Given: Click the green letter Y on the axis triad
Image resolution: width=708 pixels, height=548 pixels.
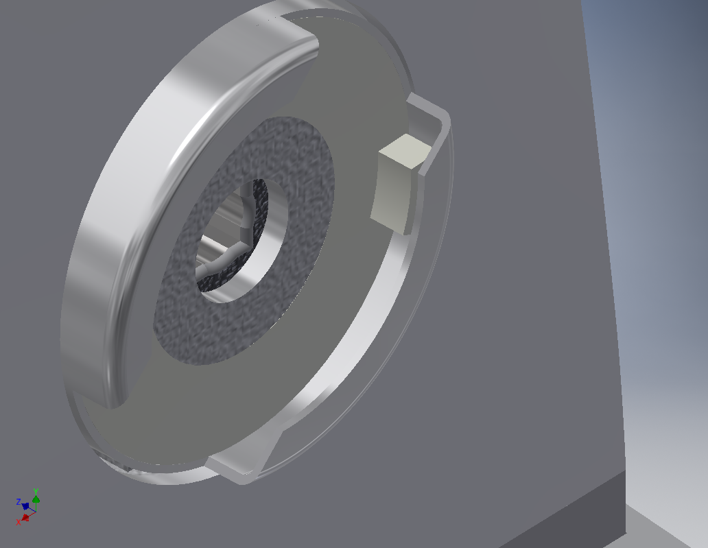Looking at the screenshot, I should click(36, 492).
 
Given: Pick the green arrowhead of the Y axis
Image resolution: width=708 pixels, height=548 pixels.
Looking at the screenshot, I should click(36, 500).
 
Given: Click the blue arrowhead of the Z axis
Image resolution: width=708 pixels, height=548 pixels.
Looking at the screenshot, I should click(25, 506).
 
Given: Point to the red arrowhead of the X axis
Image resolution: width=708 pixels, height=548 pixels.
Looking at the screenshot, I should click(25, 517).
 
